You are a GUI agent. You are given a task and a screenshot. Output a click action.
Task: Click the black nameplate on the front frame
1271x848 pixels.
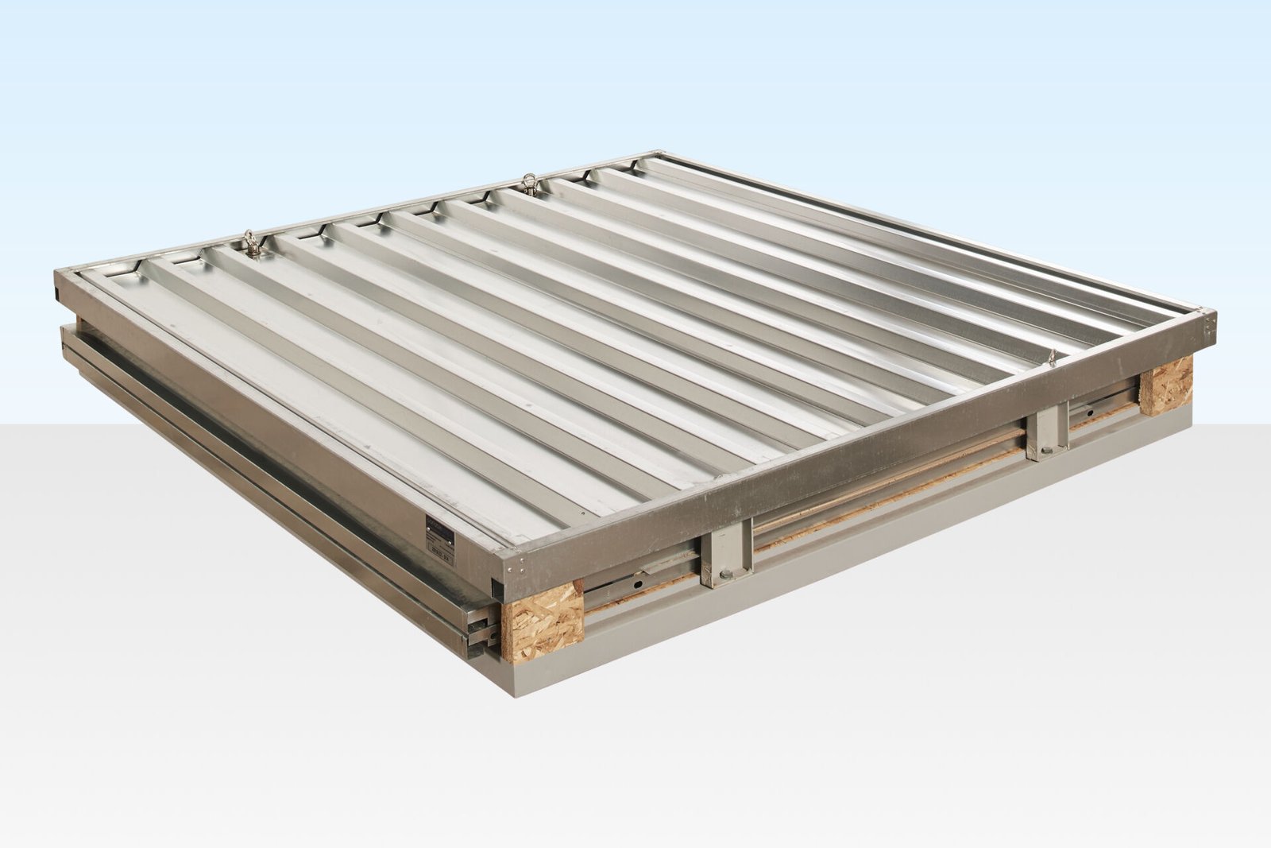pos(440,534)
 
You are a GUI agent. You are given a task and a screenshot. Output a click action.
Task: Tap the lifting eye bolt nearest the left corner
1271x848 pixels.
pos(253,243)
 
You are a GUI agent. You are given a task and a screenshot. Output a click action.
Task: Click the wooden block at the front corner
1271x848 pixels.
pos(543,619)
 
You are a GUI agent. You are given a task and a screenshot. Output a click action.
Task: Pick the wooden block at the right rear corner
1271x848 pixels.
pos(1166,385)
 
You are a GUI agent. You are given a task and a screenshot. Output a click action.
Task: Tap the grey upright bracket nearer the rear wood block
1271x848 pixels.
pos(1046,433)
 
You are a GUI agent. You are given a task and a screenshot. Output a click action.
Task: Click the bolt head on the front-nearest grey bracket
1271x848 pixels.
pos(726,574)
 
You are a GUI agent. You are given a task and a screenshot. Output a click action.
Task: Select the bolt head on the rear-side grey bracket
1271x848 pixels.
pos(1045,451)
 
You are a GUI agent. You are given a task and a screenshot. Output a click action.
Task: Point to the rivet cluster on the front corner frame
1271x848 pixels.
pos(517,567)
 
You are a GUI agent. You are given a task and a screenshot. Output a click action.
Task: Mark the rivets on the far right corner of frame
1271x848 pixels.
pos(1209,323)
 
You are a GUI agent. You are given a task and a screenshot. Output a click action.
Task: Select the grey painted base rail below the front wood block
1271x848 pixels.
pos(556,676)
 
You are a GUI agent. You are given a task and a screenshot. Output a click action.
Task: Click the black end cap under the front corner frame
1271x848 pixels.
pos(497,589)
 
